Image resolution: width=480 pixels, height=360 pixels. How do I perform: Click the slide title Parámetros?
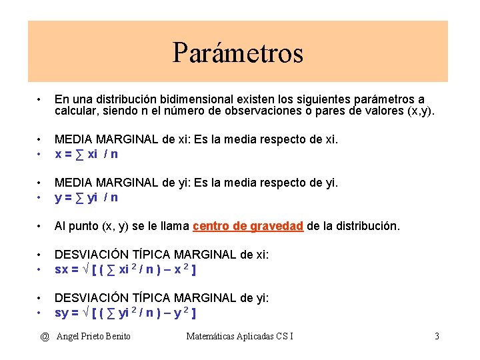(238, 53)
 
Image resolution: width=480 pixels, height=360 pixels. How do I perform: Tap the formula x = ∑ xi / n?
(87, 154)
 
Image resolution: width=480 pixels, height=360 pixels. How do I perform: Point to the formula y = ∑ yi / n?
(87, 197)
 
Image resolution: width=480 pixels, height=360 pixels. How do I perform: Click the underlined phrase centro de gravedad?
(248, 226)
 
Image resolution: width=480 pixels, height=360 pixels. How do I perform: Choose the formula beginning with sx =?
(125, 269)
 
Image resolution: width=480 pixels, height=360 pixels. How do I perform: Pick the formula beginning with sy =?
(125, 313)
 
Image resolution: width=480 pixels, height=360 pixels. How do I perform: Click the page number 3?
(437, 336)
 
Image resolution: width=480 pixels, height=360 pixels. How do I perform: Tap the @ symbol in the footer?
(44, 336)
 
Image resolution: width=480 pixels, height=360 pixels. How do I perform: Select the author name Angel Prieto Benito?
(93, 336)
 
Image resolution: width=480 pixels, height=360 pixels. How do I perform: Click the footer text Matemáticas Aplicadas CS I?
(239, 336)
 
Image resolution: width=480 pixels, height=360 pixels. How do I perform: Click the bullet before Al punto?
(41, 226)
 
